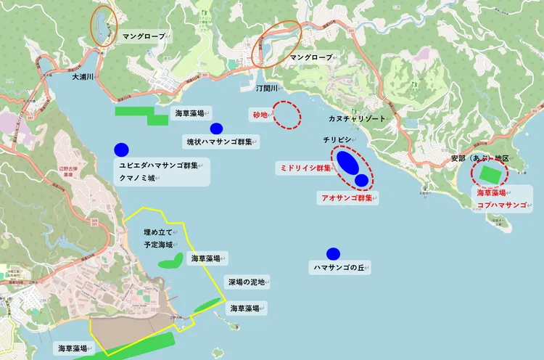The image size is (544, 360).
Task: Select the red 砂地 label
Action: pyautogui.click(x=261, y=115)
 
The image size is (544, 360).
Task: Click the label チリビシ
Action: pyautogui.click(x=337, y=139)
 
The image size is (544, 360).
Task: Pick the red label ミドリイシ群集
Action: pyautogui.click(x=305, y=168)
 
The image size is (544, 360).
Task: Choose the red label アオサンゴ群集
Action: pyautogui.click(x=347, y=197)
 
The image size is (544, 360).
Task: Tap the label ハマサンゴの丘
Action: pyautogui.click(x=342, y=268)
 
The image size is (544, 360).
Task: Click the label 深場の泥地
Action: pyautogui.click(x=248, y=282)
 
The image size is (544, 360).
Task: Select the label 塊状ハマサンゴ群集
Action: pyautogui.click(x=219, y=141)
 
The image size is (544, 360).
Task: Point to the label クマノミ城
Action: pyautogui.click(x=137, y=178)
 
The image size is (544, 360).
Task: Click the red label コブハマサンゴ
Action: pyautogui.click(x=502, y=205)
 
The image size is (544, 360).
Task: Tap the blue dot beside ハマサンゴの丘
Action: pyautogui.click(x=333, y=253)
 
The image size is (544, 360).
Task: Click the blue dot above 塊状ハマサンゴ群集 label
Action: pyautogui.click(x=216, y=128)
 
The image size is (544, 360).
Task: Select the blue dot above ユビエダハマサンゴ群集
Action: pyautogui.click(x=121, y=150)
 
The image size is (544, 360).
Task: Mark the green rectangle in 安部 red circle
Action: pyautogui.click(x=490, y=174)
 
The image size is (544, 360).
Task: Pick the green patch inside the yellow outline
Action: pyautogui.click(x=171, y=261)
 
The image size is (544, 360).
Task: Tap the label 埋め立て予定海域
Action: pyautogui.click(x=158, y=238)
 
